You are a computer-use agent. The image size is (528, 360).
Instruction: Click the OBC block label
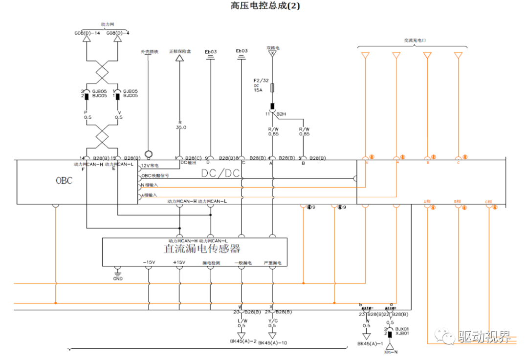[64, 181]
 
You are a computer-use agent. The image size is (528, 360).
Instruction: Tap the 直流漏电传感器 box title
[202, 249]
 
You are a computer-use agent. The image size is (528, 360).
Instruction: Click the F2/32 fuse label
[261, 80]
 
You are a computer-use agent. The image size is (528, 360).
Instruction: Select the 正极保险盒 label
[179, 51]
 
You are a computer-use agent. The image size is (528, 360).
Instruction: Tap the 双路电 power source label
[273, 48]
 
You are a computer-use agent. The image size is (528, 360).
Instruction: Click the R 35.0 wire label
[181, 124]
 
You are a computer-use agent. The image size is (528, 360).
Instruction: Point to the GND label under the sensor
[118, 278]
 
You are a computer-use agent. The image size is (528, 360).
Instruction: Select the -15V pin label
[149, 263]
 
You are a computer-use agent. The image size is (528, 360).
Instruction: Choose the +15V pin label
[179, 263]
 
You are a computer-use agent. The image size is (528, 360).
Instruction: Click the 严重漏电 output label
[271, 263]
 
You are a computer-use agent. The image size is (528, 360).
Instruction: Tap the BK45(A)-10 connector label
[272, 343]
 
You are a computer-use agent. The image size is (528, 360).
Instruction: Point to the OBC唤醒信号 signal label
[155, 175]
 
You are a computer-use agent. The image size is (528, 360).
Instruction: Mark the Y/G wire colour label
[273, 320]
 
